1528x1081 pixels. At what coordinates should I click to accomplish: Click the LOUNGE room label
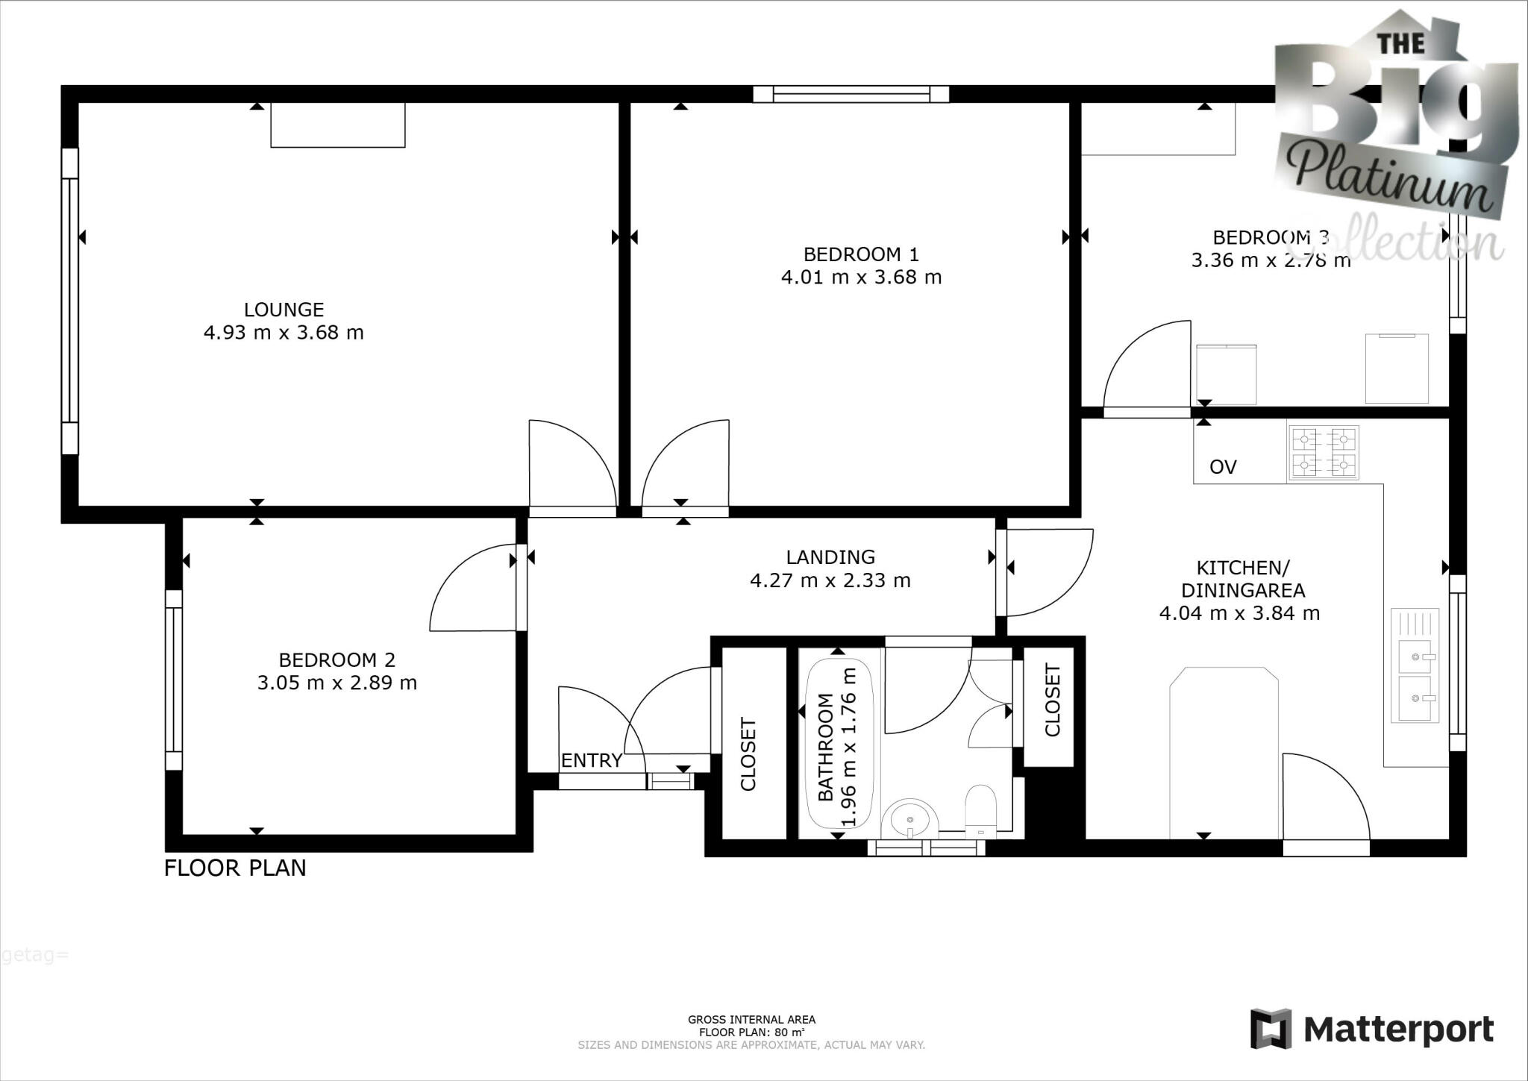(x=284, y=309)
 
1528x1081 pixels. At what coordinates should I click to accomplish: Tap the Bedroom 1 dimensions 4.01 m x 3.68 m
(x=861, y=278)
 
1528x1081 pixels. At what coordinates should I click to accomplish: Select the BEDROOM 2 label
(x=336, y=659)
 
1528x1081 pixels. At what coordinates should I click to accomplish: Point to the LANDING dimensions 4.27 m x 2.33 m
(x=830, y=580)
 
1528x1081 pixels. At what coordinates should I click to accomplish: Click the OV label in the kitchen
(x=1223, y=467)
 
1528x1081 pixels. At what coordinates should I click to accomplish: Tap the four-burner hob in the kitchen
(x=1324, y=453)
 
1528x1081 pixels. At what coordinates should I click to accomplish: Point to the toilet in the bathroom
(x=980, y=810)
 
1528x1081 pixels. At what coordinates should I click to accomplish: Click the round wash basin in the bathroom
(x=909, y=819)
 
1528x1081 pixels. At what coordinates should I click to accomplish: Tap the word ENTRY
(x=591, y=760)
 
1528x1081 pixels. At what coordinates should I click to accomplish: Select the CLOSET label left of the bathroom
(x=748, y=754)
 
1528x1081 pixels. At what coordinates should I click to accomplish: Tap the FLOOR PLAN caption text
(x=235, y=868)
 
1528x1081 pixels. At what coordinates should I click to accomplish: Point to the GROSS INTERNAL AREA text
(x=751, y=1019)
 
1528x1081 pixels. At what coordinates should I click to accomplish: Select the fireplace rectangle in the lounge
(x=337, y=125)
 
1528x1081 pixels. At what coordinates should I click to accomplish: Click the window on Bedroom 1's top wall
(x=851, y=94)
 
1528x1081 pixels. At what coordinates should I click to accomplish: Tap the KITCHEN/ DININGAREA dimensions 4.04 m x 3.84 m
(x=1239, y=613)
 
